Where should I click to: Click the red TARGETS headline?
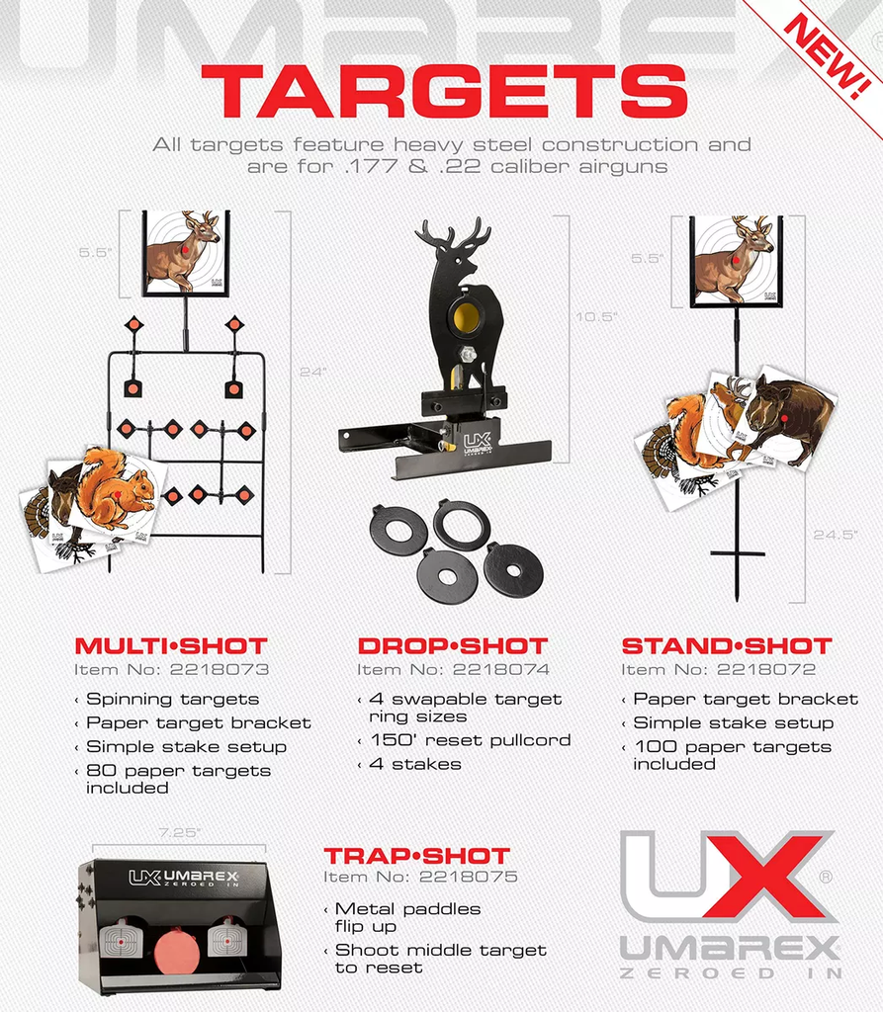coord(444,91)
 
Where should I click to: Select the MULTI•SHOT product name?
coord(171,646)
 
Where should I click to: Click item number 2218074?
coord(454,670)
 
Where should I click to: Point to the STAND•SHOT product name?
coord(727,646)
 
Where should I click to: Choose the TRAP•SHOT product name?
coord(416,856)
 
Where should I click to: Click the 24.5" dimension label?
coord(836,535)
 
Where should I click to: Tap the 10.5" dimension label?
coord(596,316)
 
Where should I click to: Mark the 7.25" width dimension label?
coord(179,832)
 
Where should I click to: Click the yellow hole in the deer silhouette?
coord(467,316)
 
